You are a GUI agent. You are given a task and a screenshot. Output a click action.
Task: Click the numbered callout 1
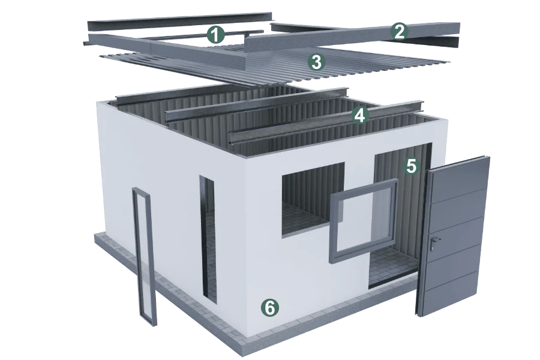coord(215,35)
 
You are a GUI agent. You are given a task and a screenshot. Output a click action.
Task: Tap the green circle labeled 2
coord(399,32)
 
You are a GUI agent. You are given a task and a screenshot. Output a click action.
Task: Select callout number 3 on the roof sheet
coord(316,62)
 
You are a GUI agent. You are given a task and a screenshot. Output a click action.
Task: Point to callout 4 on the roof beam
coord(359,115)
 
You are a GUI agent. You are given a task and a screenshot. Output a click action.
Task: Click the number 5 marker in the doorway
coord(411,166)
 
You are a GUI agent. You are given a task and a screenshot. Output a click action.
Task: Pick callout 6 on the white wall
coord(270,307)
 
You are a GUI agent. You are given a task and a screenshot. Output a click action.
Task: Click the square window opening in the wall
coord(313,199)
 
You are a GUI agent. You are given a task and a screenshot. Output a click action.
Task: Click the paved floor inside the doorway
coord(391,267)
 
